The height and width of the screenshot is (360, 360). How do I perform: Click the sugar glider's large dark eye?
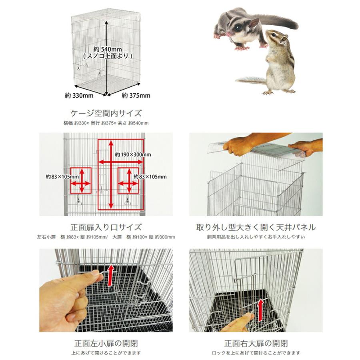tap(238, 28)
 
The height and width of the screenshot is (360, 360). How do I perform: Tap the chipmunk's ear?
tap(284, 38)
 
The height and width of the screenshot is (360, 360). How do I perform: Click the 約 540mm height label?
tap(108, 49)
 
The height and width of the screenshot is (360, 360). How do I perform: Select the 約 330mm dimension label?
tap(79, 95)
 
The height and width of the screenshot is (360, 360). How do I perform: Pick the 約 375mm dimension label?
tap(136, 95)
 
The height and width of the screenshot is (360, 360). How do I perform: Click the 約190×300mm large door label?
tap(133, 154)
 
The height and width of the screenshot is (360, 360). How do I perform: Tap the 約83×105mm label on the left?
tap(62, 177)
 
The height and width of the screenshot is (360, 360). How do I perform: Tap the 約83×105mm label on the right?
tap(150, 177)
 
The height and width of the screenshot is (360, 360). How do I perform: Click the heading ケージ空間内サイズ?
tap(106, 113)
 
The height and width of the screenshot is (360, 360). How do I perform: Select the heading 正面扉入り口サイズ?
tap(106, 227)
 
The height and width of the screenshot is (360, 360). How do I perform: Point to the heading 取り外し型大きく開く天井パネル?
tap(256, 227)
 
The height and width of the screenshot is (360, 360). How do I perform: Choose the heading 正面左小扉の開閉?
tap(106, 344)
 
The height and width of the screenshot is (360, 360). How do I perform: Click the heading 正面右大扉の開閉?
tap(256, 344)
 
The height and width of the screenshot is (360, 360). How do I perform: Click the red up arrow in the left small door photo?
tap(111, 275)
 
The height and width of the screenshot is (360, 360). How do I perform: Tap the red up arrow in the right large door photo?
tap(260, 310)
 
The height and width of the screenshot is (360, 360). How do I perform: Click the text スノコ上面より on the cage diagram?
tap(108, 56)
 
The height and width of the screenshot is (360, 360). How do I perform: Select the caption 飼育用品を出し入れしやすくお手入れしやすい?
tap(256, 237)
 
